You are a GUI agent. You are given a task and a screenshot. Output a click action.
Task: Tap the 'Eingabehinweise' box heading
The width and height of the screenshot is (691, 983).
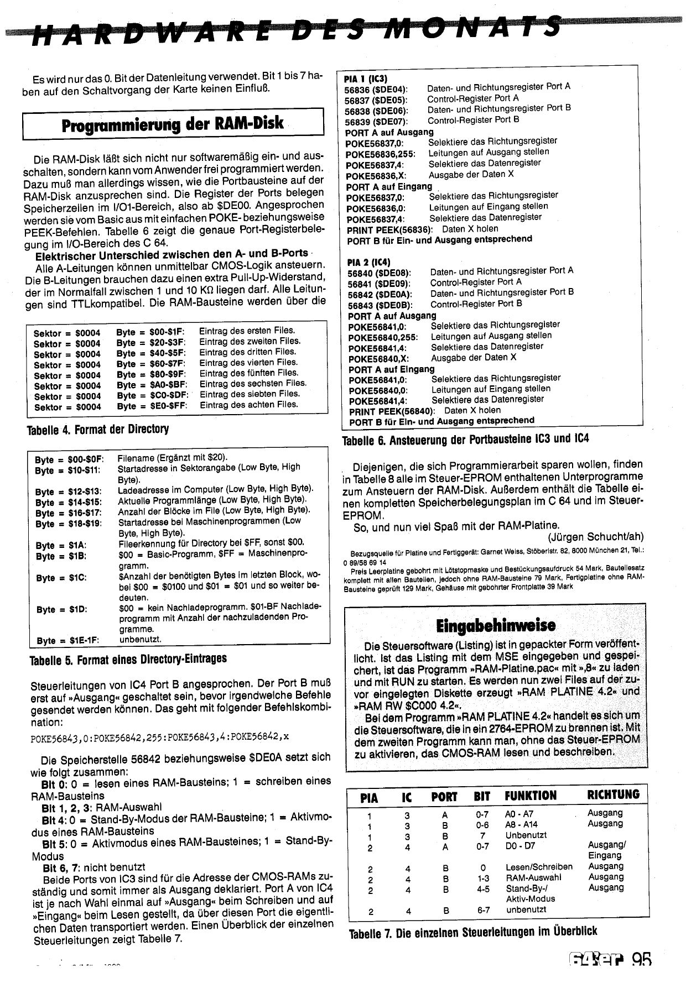tap(495, 625)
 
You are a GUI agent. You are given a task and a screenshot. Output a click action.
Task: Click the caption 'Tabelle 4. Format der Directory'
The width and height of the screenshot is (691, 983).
tap(98, 429)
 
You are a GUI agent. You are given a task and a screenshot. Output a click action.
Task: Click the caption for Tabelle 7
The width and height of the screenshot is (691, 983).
tap(473, 932)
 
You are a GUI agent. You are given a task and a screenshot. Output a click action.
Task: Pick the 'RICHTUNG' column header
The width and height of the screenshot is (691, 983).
tap(613, 795)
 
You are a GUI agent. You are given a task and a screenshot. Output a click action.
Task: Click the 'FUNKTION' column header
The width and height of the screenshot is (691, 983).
tap(530, 796)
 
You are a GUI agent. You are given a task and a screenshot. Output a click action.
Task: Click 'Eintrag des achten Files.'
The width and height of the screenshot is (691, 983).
tap(248, 405)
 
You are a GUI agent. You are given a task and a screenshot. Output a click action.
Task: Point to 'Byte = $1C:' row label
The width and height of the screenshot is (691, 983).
tap(61, 578)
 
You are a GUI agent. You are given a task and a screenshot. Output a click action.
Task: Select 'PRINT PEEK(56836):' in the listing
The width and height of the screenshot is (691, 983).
tap(390, 229)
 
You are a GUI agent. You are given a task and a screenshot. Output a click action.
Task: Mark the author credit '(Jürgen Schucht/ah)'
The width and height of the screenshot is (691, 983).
tap(595, 537)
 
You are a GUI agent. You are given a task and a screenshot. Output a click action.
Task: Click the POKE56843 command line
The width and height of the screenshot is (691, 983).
tap(161, 736)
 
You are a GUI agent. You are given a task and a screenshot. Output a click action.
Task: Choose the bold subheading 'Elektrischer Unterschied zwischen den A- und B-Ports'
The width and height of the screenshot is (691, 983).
tap(172, 254)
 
